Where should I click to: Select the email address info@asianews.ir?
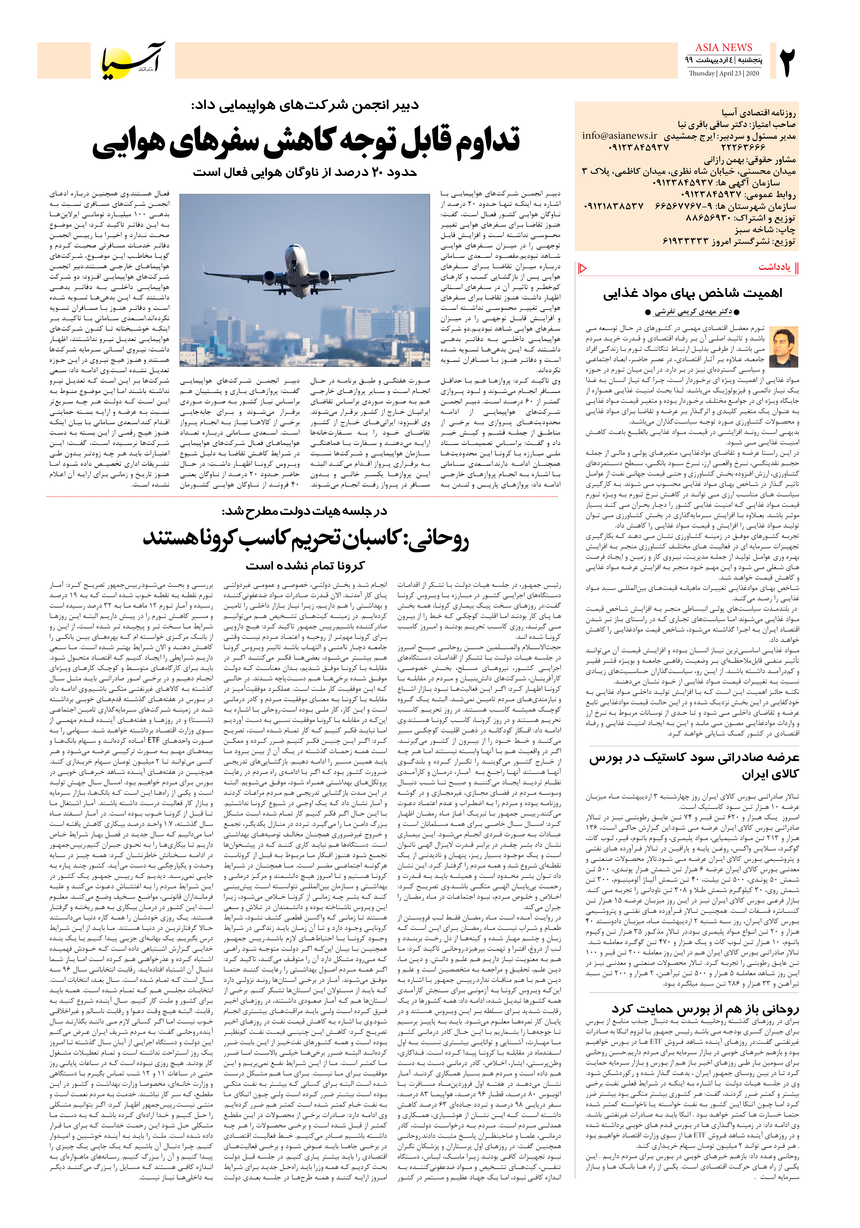(620, 136)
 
